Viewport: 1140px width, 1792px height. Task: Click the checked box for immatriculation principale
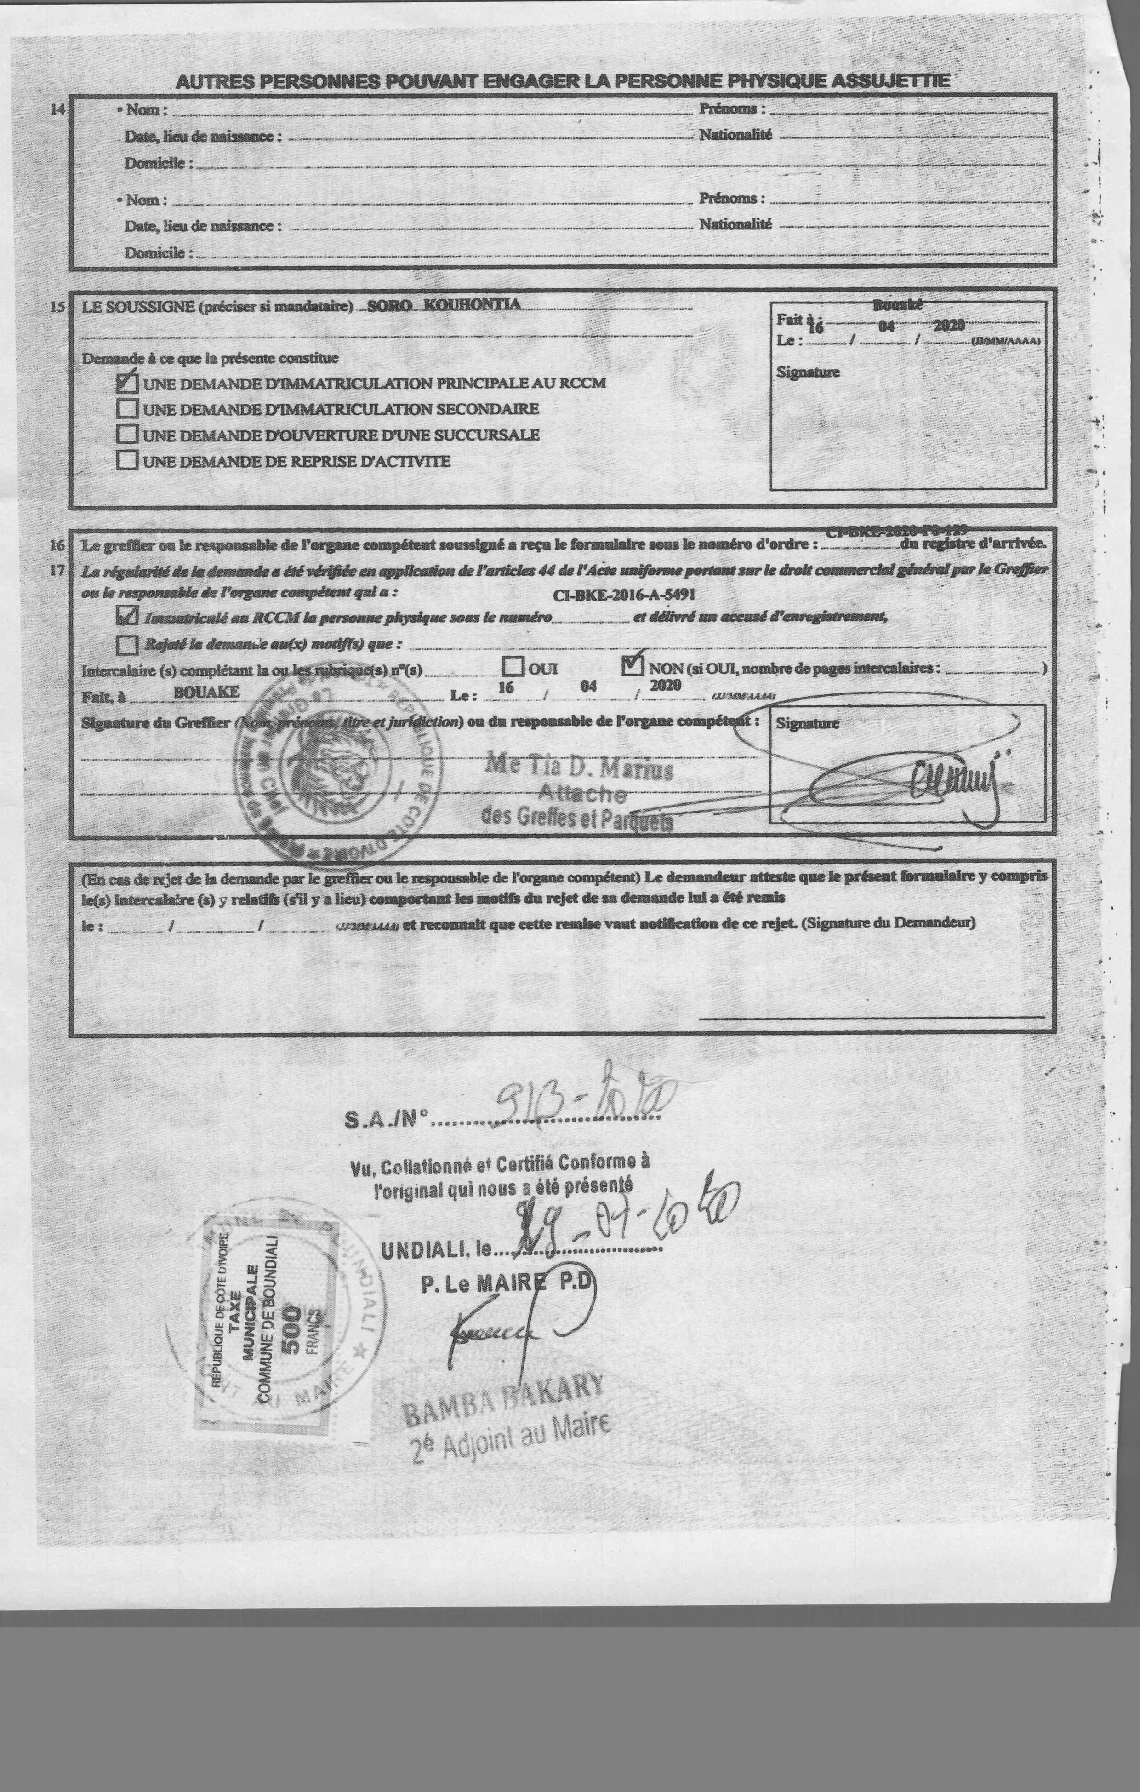pos(127,383)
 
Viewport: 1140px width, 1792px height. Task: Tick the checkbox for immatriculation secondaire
pos(127,408)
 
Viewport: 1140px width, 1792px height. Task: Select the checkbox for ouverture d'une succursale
pos(127,434)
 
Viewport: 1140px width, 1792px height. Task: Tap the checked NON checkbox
pos(633,663)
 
